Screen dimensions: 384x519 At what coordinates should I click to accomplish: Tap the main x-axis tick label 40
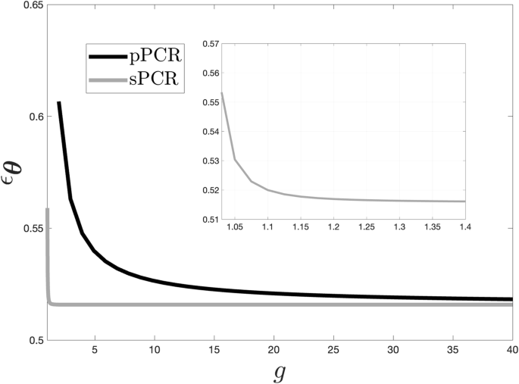(511, 349)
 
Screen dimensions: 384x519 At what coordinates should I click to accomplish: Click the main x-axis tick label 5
(94, 349)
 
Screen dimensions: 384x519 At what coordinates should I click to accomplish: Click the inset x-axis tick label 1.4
(464, 227)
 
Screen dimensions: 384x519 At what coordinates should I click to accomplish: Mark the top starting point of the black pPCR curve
(58, 102)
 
